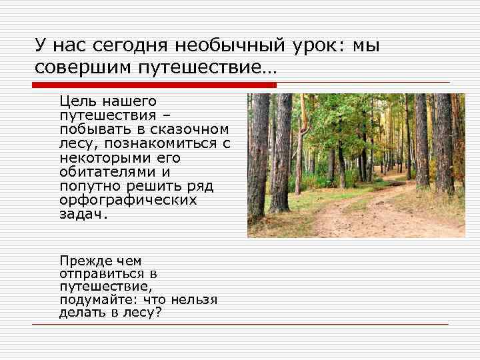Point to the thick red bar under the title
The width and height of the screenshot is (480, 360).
[x=154, y=85]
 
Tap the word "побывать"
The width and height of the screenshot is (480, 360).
[x=90, y=129]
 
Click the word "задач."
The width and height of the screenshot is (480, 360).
[x=83, y=215]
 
